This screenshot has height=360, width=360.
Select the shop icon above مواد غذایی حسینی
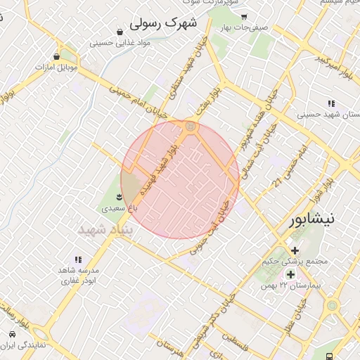[120, 32]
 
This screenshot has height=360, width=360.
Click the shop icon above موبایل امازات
[56, 56]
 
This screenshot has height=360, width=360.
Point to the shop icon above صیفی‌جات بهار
[243, 16]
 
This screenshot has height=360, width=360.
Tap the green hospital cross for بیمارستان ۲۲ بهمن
[290, 274]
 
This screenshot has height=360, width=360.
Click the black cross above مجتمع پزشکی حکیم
[294, 250]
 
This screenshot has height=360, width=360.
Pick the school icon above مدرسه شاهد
[77, 259]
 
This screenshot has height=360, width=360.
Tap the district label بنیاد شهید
[101, 230]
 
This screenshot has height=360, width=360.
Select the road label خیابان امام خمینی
[138, 101]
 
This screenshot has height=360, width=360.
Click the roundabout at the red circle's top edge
[190, 126]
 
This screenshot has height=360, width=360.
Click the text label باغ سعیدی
[117, 208]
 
